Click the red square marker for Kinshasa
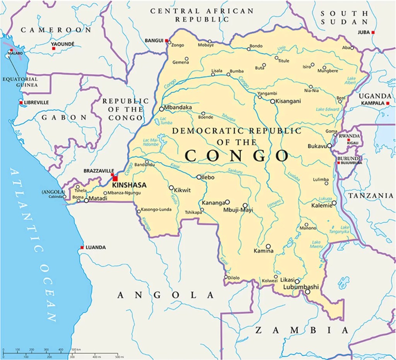tap(115, 178)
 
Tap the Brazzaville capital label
tap(99, 171)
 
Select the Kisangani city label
tap(288, 101)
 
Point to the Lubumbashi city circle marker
tap(307, 292)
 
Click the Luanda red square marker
tap(82, 247)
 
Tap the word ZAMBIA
tap(302, 330)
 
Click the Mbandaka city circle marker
tap(162, 109)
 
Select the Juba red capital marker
tap(373, 32)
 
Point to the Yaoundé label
tap(63, 44)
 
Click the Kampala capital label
tap(373, 103)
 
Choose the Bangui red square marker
tap(167, 41)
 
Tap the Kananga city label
tap(213, 203)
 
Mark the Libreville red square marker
tap(21, 102)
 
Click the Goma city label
tap(331, 131)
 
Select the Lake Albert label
tap(350, 80)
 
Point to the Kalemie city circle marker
tap(334, 203)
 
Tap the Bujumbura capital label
tap(351, 163)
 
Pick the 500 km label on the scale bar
tap(76, 350)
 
